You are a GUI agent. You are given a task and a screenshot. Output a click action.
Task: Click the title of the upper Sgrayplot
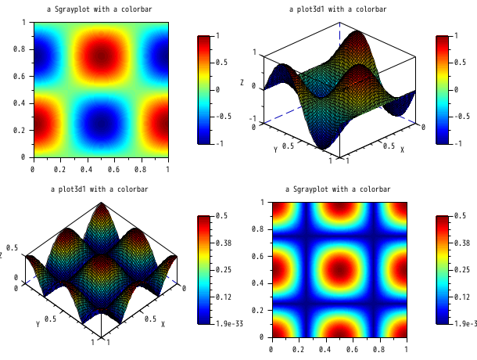(99, 9)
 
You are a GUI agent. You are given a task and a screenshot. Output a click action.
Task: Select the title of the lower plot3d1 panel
(99, 189)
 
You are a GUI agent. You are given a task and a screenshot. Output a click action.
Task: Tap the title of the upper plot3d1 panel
(338, 9)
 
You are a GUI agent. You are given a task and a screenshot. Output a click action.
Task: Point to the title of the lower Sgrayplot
(338, 189)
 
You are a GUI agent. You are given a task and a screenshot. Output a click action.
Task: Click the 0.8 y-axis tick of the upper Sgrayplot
(23, 49)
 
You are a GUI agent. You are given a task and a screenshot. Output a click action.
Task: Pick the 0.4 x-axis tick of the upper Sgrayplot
(86, 168)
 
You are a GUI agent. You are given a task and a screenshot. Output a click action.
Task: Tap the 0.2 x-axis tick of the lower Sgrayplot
(297, 348)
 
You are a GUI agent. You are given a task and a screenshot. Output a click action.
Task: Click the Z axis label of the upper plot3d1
(242, 82)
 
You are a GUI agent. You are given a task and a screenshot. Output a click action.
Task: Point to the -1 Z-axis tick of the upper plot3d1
(253, 119)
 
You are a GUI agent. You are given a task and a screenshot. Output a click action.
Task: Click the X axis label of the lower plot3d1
(163, 324)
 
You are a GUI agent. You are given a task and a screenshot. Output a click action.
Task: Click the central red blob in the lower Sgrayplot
(339, 269)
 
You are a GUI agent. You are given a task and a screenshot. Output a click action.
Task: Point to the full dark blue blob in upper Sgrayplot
(100, 123)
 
